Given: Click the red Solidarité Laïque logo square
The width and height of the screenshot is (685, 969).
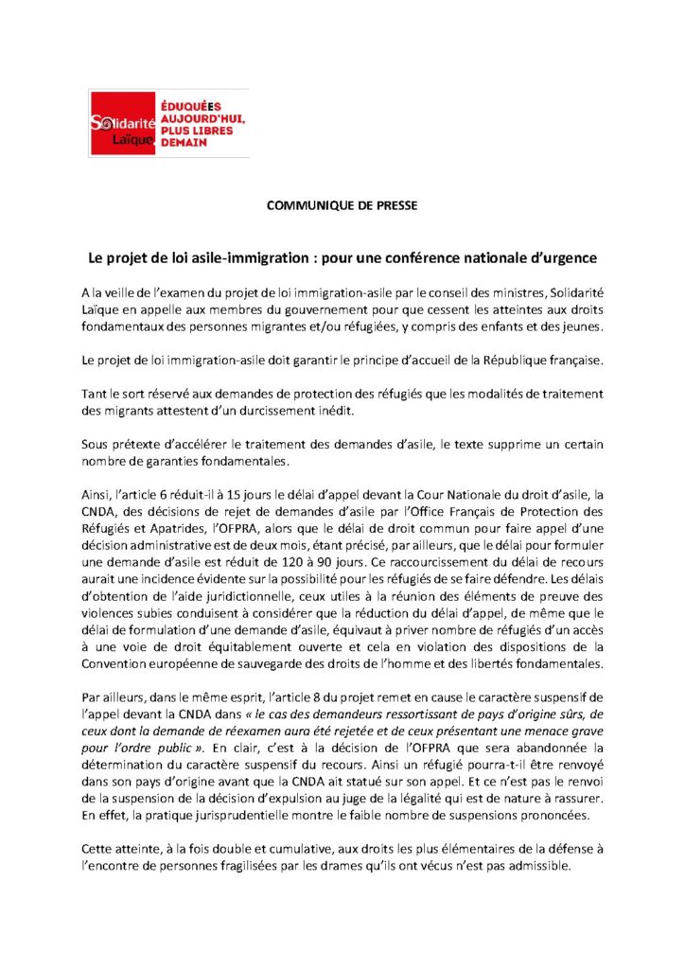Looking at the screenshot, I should point(121,122).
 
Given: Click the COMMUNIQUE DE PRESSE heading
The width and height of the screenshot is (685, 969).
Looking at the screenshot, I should point(342,204).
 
